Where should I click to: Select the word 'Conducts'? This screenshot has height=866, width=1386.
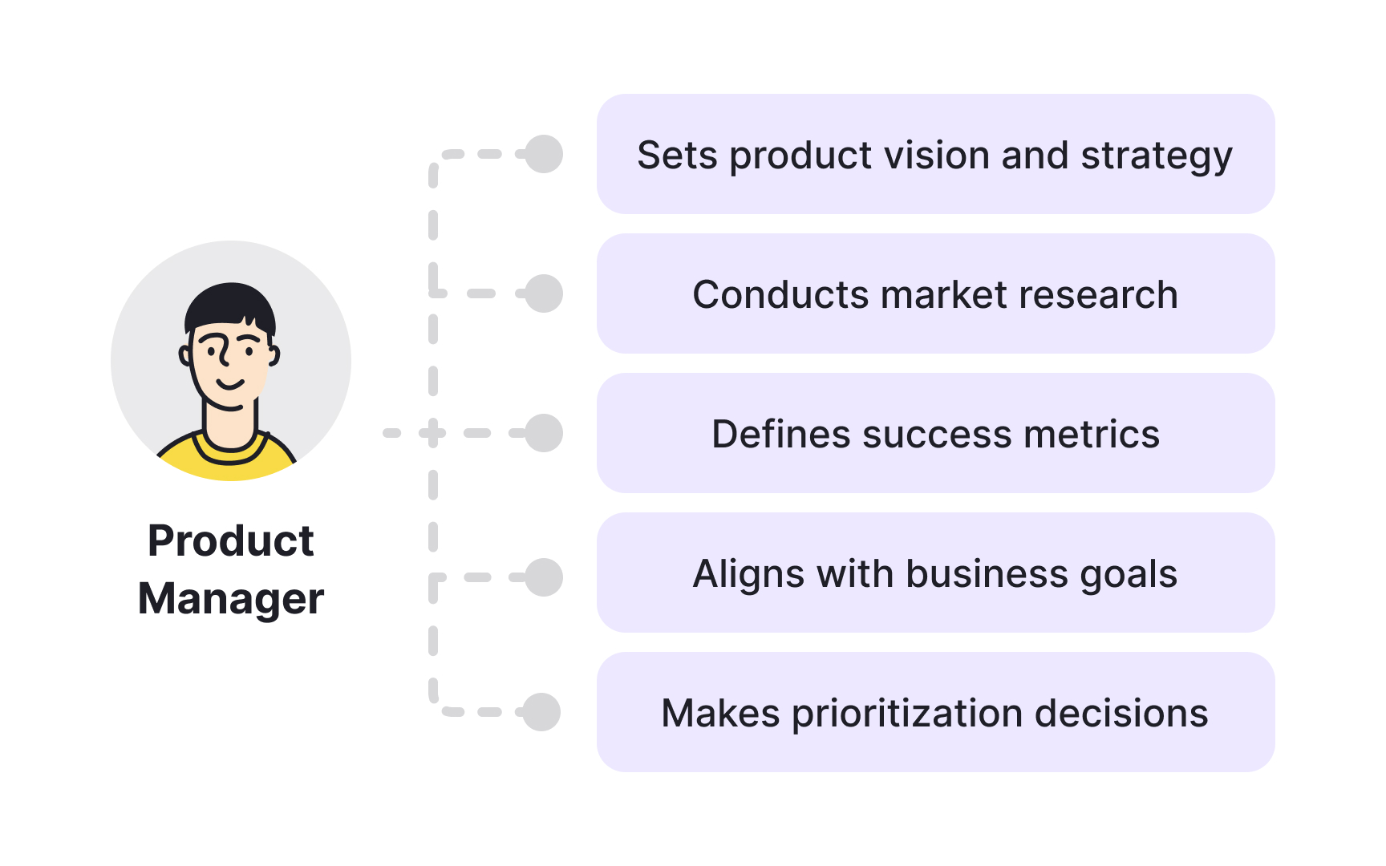pos(780,294)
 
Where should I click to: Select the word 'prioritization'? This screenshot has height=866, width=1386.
pos(907,714)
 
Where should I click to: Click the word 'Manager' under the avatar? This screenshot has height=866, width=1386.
pos(231,598)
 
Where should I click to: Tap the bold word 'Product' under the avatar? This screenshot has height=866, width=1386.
pos(231,540)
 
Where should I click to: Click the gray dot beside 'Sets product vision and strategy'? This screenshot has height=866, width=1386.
pos(544,154)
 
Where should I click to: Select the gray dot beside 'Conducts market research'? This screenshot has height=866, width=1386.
pos(544,293)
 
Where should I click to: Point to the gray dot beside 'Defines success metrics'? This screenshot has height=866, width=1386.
pos(544,433)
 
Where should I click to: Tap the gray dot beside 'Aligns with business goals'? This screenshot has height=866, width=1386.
pos(544,577)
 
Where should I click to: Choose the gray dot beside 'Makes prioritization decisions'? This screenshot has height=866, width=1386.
pos(541,712)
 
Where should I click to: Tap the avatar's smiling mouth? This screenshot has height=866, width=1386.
pos(230,384)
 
